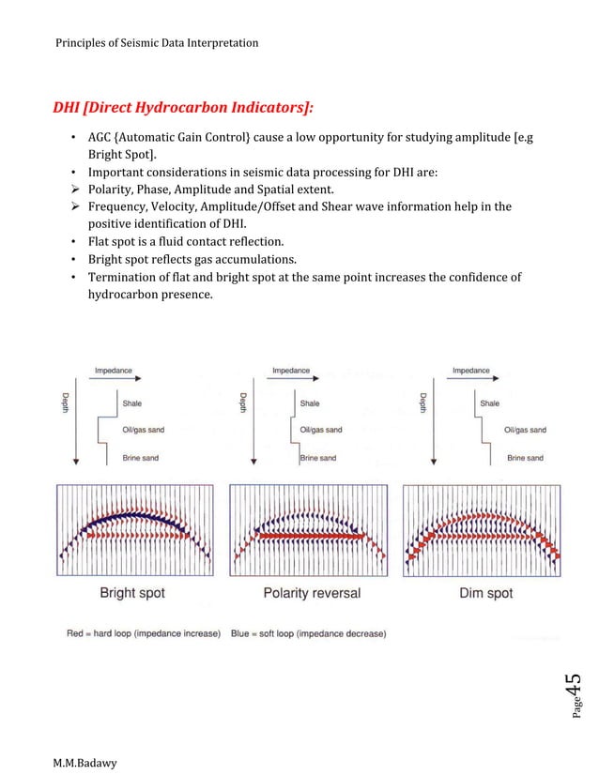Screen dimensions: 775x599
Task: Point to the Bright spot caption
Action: click(x=132, y=593)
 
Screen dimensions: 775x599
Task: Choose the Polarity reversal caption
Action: click(x=312, y=593)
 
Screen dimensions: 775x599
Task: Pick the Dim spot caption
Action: click(x=486, y=593)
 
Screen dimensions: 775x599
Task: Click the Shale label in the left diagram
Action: click(x=132, y=403)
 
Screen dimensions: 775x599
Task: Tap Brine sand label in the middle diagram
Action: click(x=318, y=458)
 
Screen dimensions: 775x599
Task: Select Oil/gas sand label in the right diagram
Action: click(x=526, y=430)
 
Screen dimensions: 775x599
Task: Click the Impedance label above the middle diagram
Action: click(x=292, y=371)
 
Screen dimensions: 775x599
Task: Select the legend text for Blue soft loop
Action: click(x=308, y=633)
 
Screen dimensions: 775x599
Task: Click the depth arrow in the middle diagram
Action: click(x=254, y=427)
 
